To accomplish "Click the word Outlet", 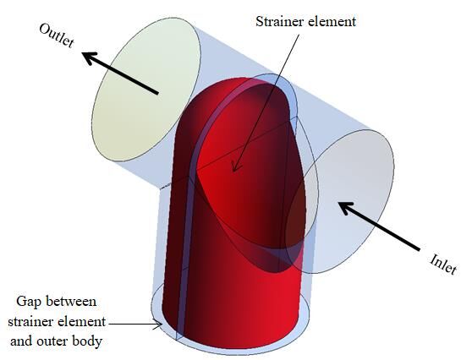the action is tap(56, 35).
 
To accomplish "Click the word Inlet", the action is tap(443, 264).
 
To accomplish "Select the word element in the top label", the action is tap(330, 21).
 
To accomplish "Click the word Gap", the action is tap(27, 303).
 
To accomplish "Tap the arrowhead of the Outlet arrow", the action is tap(89, 57).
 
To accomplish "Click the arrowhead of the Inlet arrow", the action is tap(346, 207).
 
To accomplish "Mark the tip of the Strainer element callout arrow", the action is tap(233, 172).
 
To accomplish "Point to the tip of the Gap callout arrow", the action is tap(162, 325).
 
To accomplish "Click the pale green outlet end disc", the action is tap(146, 90).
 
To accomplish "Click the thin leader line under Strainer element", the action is tap(266, 103).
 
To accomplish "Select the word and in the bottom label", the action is tap(21, 341).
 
